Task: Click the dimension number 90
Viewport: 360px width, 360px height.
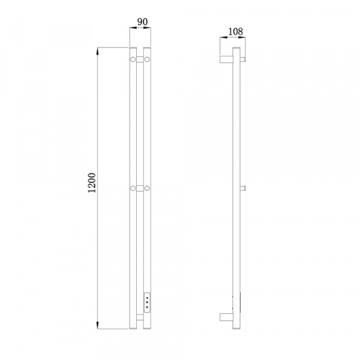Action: click(142, 22)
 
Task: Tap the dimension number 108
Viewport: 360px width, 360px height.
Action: click(235, 31)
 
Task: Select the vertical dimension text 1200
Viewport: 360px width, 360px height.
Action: click(92, 183)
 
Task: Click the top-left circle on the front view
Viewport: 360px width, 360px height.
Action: click(133, 59)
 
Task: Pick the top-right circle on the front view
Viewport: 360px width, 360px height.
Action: click(147, 59)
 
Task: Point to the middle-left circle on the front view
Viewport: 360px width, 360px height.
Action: click(133, 188)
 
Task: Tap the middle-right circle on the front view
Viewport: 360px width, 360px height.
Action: click(147, 188)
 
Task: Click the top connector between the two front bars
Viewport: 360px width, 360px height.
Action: click(140, 59)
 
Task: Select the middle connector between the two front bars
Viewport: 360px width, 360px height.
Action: click(140, 188)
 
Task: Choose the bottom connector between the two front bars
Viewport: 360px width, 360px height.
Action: click(140, 317)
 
